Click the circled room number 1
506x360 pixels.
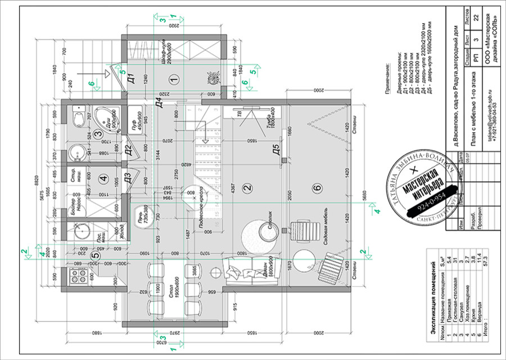click(x=173, y=79)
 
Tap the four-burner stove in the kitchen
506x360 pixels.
click(x=75, y=277)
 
